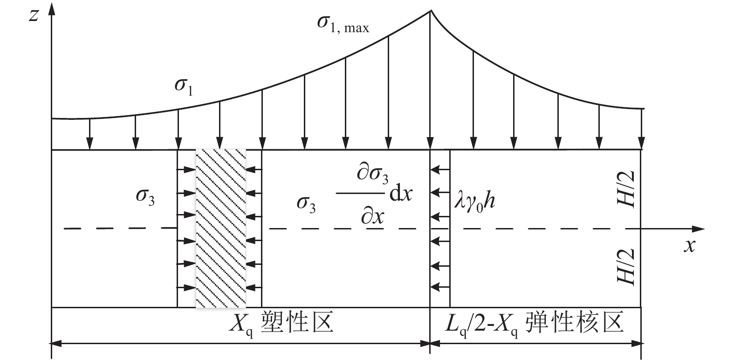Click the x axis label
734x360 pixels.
coord(689,246)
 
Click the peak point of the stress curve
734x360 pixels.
coord(430,11)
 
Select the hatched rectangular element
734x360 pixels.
coord(220,228)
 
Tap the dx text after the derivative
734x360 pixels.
coord(401,194)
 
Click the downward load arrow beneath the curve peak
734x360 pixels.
coord(429,140)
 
